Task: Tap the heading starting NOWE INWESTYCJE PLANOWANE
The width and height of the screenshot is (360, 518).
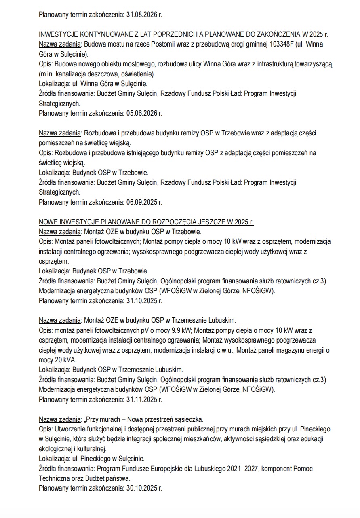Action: [x=146, y=222]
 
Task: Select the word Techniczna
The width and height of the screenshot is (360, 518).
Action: [x=55, y=478]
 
